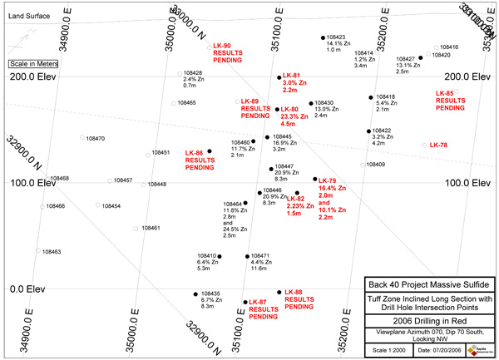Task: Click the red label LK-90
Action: coord(223,46)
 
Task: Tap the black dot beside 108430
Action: coord(311,103)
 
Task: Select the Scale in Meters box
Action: coord(31,63)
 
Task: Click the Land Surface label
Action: coord(26,15)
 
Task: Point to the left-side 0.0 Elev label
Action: coord(27,288)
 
